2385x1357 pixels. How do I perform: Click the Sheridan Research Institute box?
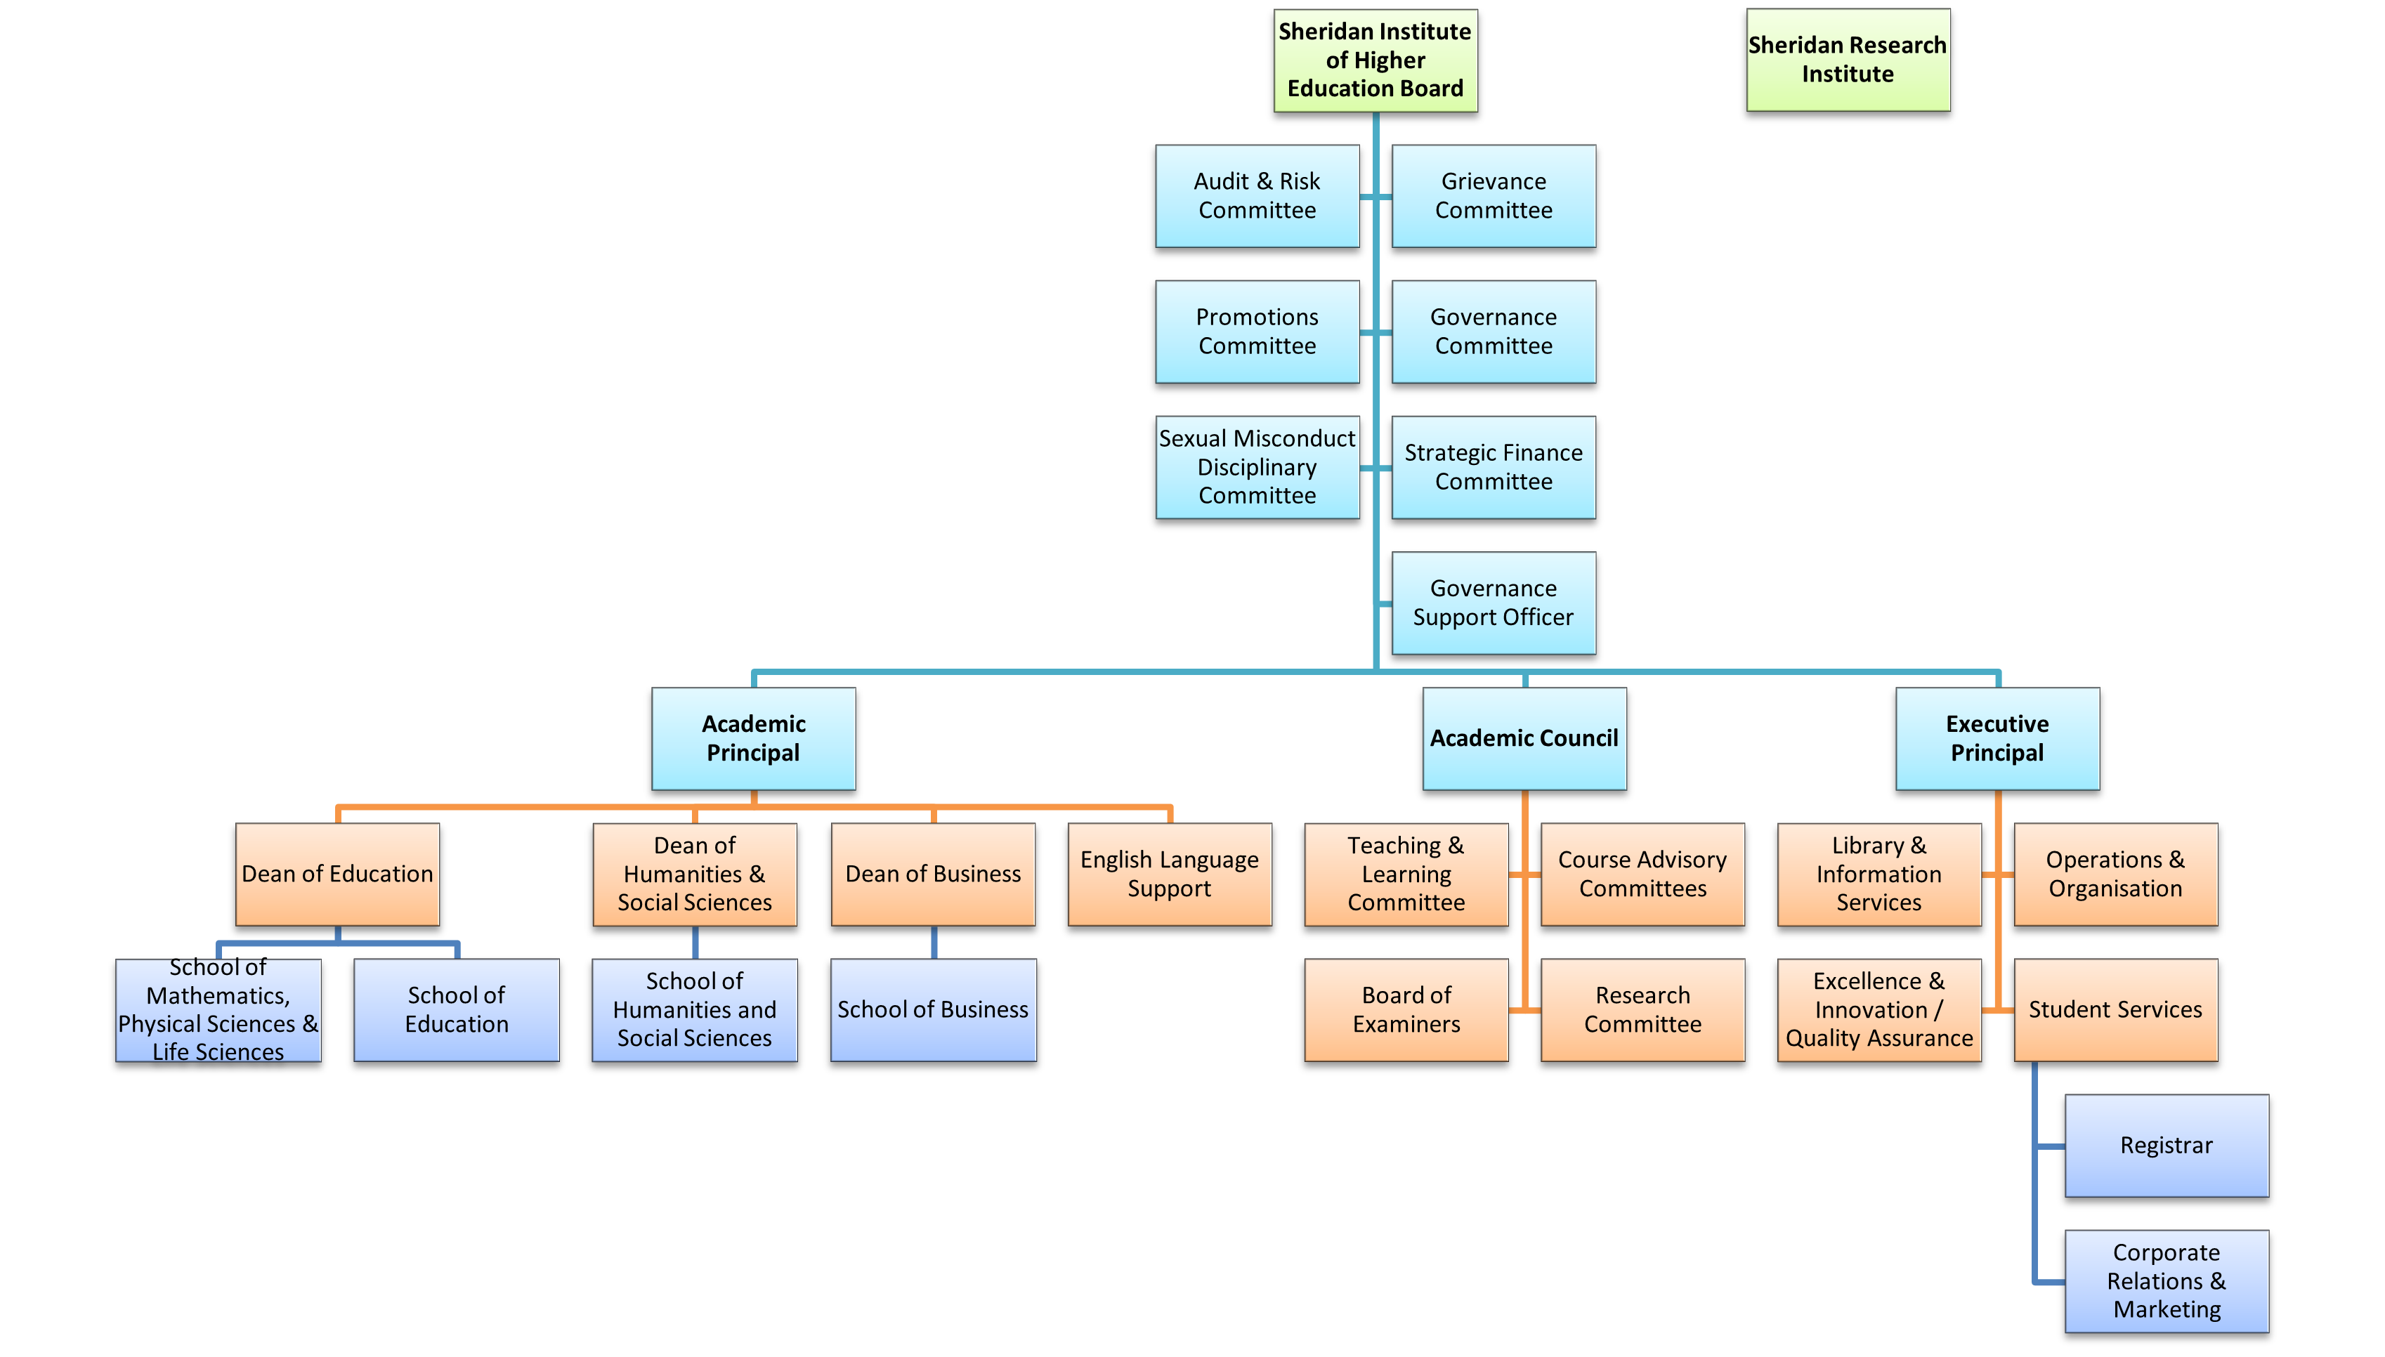1847,60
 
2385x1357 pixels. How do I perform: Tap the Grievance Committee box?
1493,196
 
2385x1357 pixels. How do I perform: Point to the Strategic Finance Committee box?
1493,467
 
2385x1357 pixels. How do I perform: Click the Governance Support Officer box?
1493,603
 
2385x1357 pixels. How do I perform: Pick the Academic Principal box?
753,738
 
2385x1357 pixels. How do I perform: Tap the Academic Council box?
1524,738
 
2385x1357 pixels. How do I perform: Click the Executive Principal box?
1997,738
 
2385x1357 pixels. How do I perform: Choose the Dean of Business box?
933,874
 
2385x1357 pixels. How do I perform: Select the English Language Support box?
1169,874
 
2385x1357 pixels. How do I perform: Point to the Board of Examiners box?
1406,1009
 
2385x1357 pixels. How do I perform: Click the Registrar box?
2166,1146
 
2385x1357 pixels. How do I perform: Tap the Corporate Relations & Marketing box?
2166,1280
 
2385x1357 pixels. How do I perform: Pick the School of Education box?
456,1009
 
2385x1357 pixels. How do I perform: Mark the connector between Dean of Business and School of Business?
934,943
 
